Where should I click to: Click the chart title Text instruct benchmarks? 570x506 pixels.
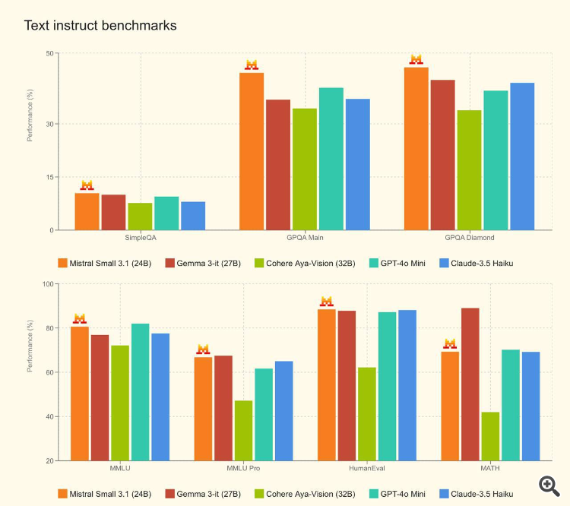(100, 26)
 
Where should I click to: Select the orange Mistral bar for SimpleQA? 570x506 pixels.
(87, 211)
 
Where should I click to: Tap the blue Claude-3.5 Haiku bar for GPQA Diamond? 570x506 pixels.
(522, 157)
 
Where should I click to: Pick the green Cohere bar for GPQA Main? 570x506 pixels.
(305, 169)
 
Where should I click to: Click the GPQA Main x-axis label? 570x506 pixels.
(305, 237)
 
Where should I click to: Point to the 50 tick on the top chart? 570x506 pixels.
(51, 53)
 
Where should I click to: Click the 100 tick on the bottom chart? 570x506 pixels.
(49, 284)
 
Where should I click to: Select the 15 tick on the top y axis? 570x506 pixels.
(51, 177)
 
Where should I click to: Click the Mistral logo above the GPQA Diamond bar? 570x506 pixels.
(416, 59)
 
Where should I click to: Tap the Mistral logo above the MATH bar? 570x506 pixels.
(450, 343)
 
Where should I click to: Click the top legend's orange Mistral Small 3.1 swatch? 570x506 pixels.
(63, 263)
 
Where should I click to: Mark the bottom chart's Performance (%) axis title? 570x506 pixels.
(30, 346)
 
